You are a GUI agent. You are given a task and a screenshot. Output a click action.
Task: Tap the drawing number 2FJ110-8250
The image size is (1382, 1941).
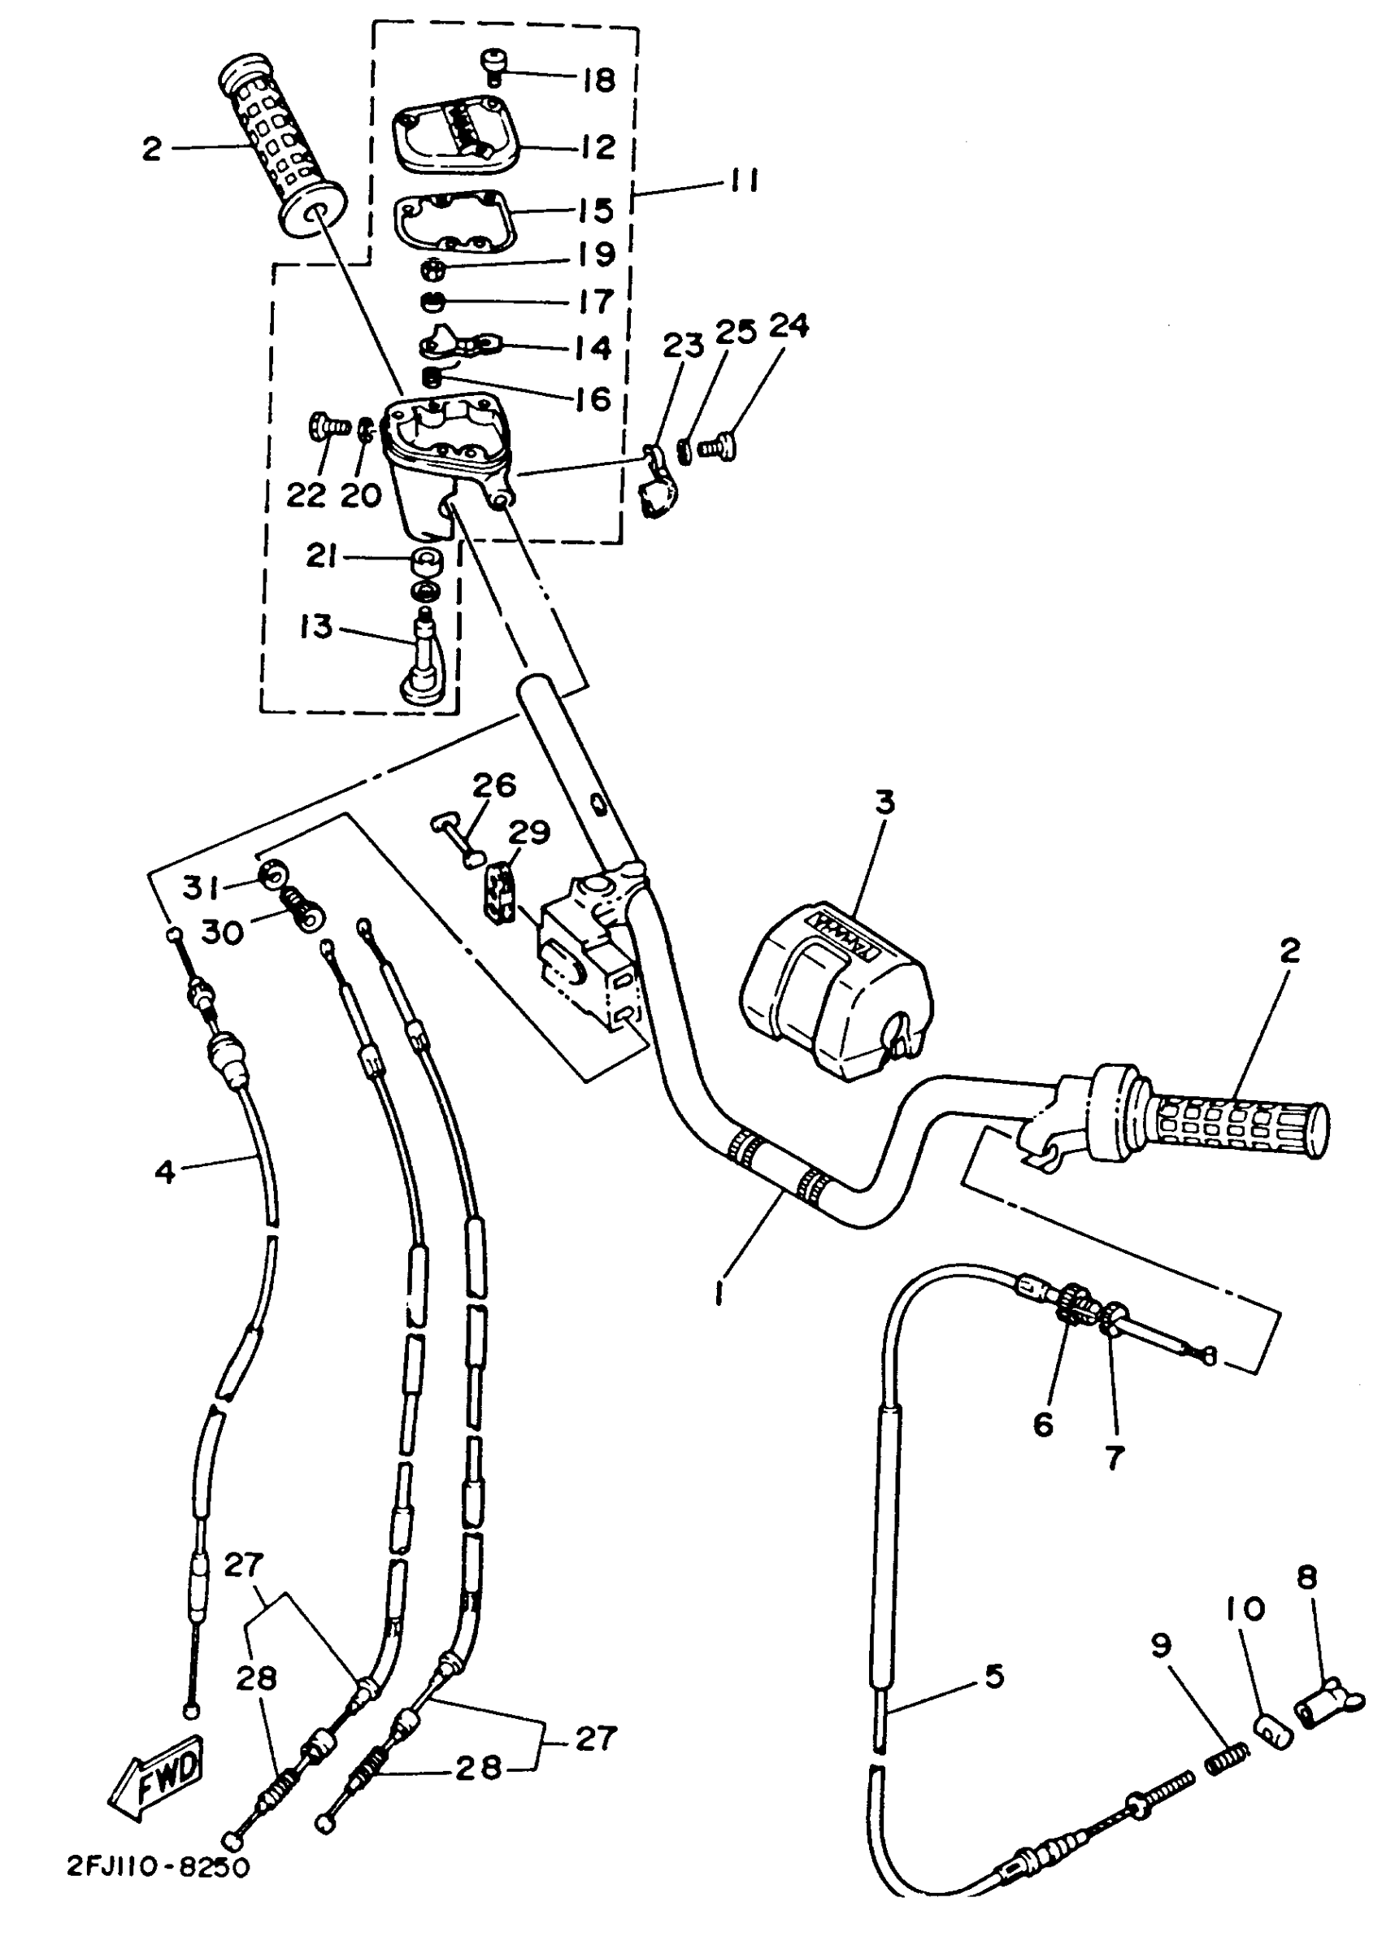(x=159, y=1867)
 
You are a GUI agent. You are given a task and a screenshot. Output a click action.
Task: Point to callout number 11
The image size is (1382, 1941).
(x=742, y=181)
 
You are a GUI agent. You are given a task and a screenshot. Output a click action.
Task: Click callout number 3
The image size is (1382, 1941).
(x=885, y=802)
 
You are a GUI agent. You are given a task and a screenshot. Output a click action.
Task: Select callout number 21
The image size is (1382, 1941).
(x=322, y=557)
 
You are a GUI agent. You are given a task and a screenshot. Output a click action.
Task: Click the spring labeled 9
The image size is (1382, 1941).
(x=1226, y=1758)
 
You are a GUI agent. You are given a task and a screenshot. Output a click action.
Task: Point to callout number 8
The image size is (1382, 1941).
(x=1307, y=1577)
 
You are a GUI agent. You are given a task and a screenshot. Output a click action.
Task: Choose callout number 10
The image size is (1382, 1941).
(x=1246, y=1609)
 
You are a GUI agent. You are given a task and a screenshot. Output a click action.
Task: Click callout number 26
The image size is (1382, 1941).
(x=494, y=785)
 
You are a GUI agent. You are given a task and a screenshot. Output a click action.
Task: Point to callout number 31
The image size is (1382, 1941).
(x=201, y=888)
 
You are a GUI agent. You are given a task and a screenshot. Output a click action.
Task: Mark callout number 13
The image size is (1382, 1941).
(x=315, y=627)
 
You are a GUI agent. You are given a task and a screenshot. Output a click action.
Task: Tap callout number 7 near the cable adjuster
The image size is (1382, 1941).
(x=1115, y=1457)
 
